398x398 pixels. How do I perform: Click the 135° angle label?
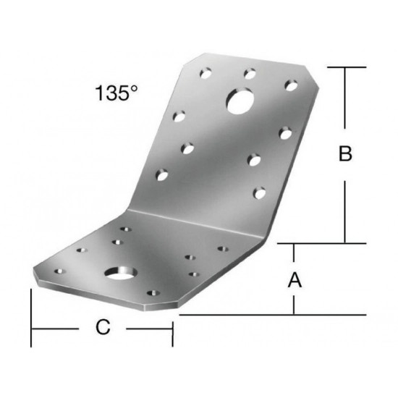[117, 93]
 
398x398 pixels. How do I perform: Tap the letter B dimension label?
[345, 153]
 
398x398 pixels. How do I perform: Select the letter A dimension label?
[295, 280]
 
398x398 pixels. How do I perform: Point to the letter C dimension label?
[103, 327]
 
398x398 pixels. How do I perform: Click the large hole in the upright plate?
[240, 101]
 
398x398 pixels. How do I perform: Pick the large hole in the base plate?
[121, 273]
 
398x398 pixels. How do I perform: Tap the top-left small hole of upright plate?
[206, 73]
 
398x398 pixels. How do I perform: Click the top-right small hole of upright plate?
[291, 85]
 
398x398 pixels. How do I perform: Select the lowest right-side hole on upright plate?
[259, 193]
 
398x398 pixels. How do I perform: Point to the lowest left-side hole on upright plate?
[162, 175]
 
